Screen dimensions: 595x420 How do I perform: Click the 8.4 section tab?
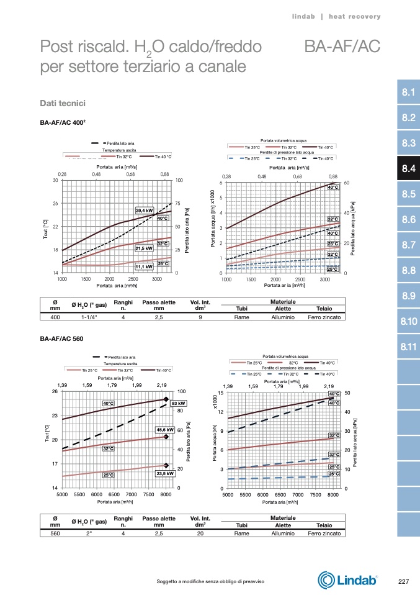408,168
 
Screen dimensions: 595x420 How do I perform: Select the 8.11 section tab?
408,346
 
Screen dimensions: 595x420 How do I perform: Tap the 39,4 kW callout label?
145,211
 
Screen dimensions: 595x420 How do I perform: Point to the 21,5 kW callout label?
144,248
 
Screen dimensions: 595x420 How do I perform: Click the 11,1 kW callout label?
144,266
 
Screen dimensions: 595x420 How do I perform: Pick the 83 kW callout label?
179,403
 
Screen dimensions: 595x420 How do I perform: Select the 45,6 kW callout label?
164,430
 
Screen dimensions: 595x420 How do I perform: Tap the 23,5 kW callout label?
164,473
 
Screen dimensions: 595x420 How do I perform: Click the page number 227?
403,581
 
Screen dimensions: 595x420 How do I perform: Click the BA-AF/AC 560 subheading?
61,339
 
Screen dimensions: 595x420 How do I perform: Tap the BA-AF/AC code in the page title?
342,47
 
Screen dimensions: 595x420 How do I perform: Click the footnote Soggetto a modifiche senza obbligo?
211,581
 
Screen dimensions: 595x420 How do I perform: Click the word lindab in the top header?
304,16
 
